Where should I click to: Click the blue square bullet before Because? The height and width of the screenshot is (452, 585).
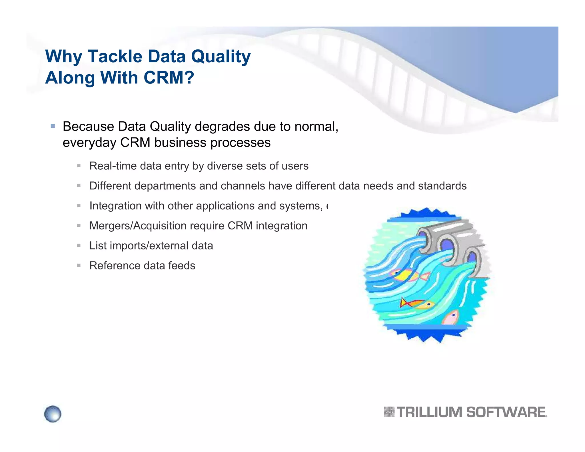coord(53,126)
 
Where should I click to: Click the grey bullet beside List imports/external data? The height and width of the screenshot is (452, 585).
coord(79,245)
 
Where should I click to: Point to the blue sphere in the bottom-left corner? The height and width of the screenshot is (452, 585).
coord(53,414)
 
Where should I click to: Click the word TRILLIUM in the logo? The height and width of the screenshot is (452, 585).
coord(429,412)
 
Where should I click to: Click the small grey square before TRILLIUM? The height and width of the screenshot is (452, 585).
coord(389,412)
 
